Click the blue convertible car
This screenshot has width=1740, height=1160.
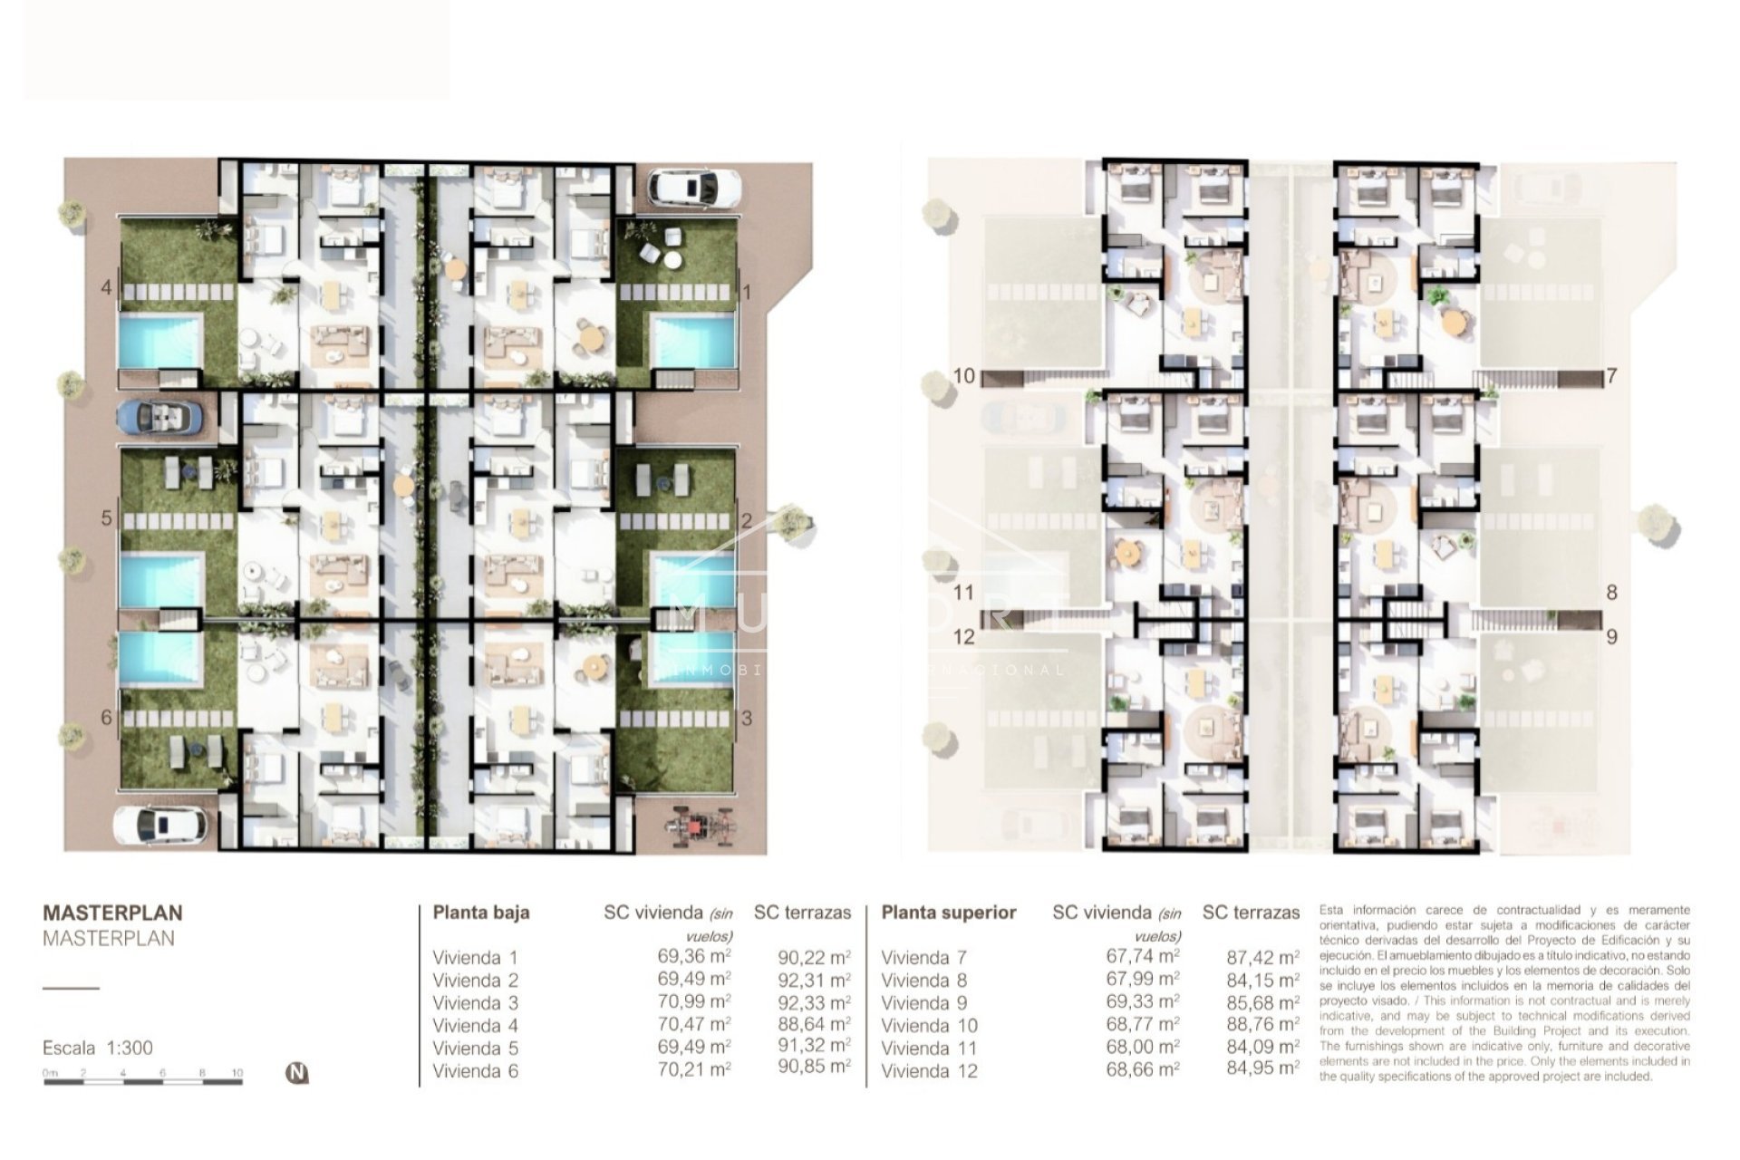click(x=159, y=417)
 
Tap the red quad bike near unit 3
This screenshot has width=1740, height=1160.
click(x=697, y=827)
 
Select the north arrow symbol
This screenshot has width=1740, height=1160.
click(x=297, y=1073)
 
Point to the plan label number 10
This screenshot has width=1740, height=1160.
click(x=963, y=375)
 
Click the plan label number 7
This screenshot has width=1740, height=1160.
click(x=1611, y=375)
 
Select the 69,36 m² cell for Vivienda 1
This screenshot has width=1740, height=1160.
click(x=694, y=956)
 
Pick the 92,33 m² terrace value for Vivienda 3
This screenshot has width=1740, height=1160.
click(x=814, y=1002)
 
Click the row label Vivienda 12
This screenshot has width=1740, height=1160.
click(x=929, y=1070)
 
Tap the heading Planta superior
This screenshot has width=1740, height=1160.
click(x=948, y=913)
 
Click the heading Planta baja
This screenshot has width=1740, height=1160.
click(x=480, y=913)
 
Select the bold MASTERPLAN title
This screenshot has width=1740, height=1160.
click(x=112, y=913)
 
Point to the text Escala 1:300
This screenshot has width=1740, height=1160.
click(x=98, y=1048)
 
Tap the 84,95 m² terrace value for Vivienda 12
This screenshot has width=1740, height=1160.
click(x=1262, y=1068)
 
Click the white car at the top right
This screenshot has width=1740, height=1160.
click(x=694, y=188)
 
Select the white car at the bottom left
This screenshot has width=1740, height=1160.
click(x=159, y=825)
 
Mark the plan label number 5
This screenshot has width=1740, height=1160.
click(x=107, y=518)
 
